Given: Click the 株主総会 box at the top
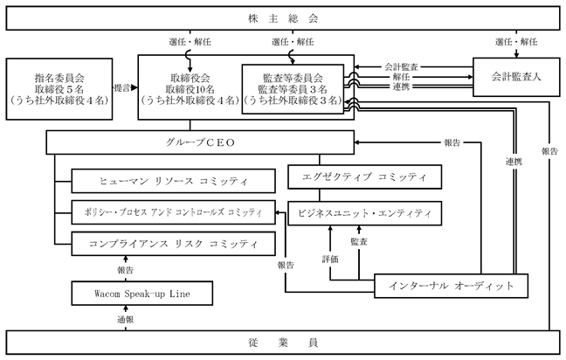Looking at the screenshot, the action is (x=283, y=18).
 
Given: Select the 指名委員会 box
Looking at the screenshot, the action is (x=59, y=89).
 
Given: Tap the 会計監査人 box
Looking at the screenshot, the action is (x=516, y=77).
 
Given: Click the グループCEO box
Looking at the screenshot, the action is (x=200, y=142).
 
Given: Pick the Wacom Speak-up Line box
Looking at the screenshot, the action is (x=141, y=294).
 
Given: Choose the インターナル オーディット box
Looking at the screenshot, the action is (x=451, y=286).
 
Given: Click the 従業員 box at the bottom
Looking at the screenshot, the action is (x=283, y=343).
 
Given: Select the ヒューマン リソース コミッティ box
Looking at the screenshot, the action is (x=173, y=181).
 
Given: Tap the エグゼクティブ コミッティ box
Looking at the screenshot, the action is (x=364, y=177).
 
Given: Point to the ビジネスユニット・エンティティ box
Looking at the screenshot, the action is (x=364, y=213).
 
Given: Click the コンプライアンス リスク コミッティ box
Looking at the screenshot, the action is (x=173, y=244).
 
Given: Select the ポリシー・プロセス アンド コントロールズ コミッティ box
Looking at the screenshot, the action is (x=173, y=212).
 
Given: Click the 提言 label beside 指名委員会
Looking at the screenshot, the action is (x=122, y=87).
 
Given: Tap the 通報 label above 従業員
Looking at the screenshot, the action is (x=125, y=319).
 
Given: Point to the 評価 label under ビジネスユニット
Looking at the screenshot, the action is (x=330, y=259).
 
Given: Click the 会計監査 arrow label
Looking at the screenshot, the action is (x=401, y=66).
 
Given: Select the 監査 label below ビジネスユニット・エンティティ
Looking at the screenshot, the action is (x=359, y=241).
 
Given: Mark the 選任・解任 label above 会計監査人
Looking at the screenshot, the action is (x=516, y=42).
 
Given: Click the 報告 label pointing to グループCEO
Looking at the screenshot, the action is (x=452, y=142).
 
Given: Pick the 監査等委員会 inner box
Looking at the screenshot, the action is (x=293, y=89).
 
